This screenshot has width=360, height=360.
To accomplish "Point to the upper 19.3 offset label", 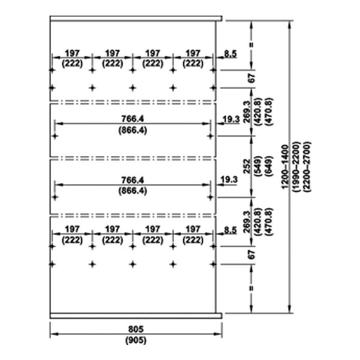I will click(230, 120).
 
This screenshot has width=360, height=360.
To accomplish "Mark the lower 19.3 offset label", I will click(230, 179).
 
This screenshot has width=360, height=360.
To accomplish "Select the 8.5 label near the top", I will click(230, 53).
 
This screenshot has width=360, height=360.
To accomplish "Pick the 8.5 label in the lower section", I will click(230, 229).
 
